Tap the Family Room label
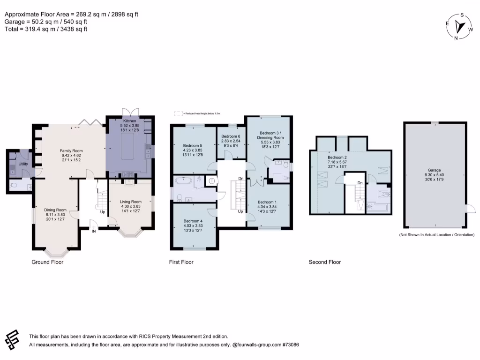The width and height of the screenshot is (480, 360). pyautogui.click(x=70, y=150)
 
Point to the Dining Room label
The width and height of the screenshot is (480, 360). pyautogui.click(x=55, y=210)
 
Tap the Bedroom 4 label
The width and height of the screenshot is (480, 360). pyautogui.click(x=193, y=221)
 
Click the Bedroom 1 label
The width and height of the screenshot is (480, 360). pyautogui.click(x=267, y=202)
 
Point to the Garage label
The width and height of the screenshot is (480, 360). pyautogui.click(x=434, y=171)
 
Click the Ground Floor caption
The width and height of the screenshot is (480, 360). pyautogui.click(x=47, y=262)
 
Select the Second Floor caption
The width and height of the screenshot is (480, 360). pyautogui.click(x=324, y=262)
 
